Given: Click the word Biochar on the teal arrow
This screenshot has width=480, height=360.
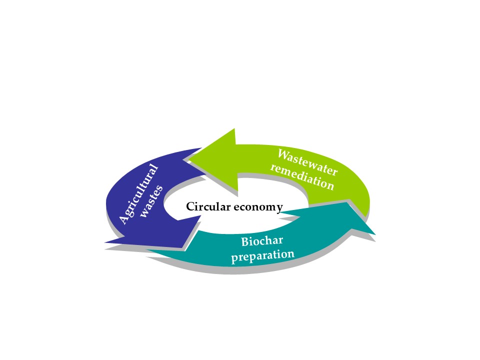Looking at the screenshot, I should click(262, 241).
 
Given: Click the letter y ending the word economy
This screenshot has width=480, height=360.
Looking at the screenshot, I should click(279, 207).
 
